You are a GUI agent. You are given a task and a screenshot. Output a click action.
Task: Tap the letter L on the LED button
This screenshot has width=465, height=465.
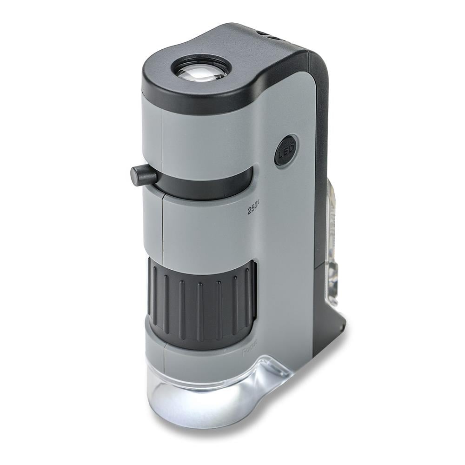(x=281, y=154)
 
